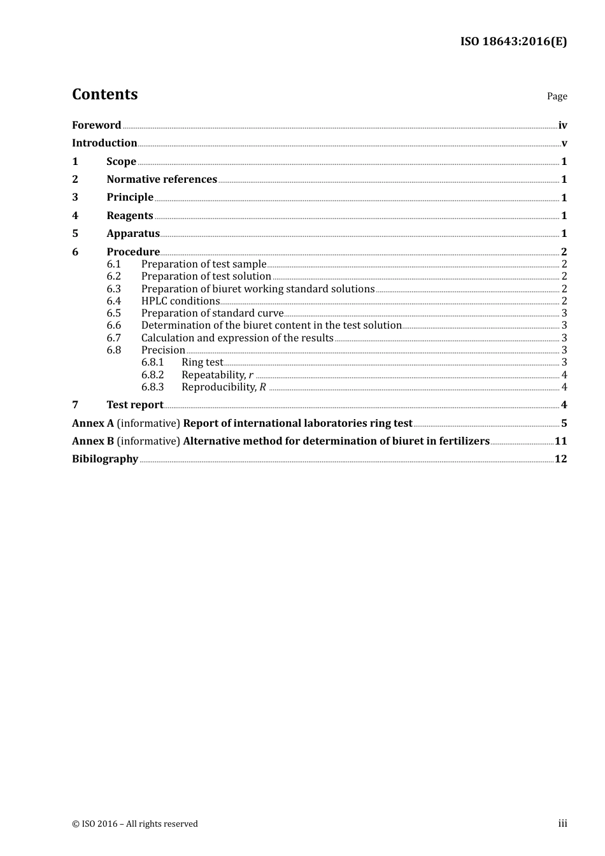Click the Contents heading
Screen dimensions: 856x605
(104, 94)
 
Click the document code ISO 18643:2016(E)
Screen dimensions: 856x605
(513, 41)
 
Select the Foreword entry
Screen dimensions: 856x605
(96, 125)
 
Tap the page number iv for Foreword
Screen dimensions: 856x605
(562, 125)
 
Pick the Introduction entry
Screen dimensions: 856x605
(104, 143)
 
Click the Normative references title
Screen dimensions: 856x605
(162, 180)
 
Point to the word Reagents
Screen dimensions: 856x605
(130, 216)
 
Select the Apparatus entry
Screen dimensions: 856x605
(133, 234)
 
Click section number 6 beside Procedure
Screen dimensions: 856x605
(75, 252)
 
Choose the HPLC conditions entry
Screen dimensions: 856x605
(180, 301)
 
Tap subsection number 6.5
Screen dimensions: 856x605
(114, 313)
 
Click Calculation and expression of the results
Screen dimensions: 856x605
(237, 338)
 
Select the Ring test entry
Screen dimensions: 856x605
(202, 362)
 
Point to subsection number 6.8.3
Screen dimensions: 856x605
(153, 387)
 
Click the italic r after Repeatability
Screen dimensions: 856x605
(251, 375)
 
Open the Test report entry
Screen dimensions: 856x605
(135, 405)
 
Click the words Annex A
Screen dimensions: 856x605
(93, 424)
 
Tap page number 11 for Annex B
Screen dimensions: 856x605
(560, 441)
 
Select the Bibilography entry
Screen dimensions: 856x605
(105, 459)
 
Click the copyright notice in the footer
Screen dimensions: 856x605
(135, 824)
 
